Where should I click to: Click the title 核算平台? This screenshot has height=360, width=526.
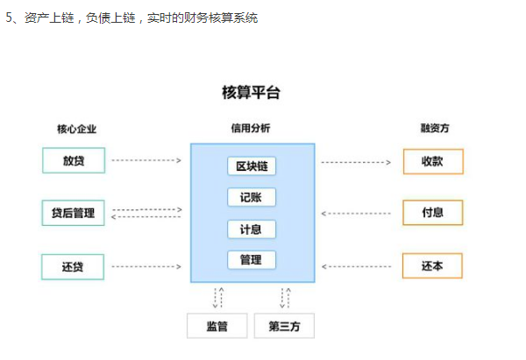[x=252, y=93]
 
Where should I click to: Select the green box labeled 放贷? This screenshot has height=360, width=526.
[x=73, y=161]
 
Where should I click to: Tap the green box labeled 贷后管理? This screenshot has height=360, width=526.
[x=73, y=213]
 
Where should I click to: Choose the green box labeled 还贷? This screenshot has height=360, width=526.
[x=73, y=266]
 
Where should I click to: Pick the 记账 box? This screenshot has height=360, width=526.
[x=252, y=197]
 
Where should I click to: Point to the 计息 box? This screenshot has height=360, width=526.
[x=252, y=229]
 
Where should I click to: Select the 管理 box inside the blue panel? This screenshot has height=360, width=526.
[x=252, y=259]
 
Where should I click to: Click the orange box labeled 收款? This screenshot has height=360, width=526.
[x=432, y=162]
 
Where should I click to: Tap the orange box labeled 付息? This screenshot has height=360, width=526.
[x=432, y=213]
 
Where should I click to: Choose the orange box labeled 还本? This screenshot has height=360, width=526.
[x=432, y=266]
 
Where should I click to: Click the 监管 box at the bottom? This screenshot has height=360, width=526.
[x=217, y=326]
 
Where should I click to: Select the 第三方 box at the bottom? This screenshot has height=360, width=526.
[x=283, y=326]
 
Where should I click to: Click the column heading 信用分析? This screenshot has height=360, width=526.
[x=251, y=129]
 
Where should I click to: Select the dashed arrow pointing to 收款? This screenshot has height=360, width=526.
[x=355, y=162]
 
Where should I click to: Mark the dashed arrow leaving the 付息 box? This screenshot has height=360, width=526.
[x=355, y=213]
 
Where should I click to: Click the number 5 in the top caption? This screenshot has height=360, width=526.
[x=9, y=18]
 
